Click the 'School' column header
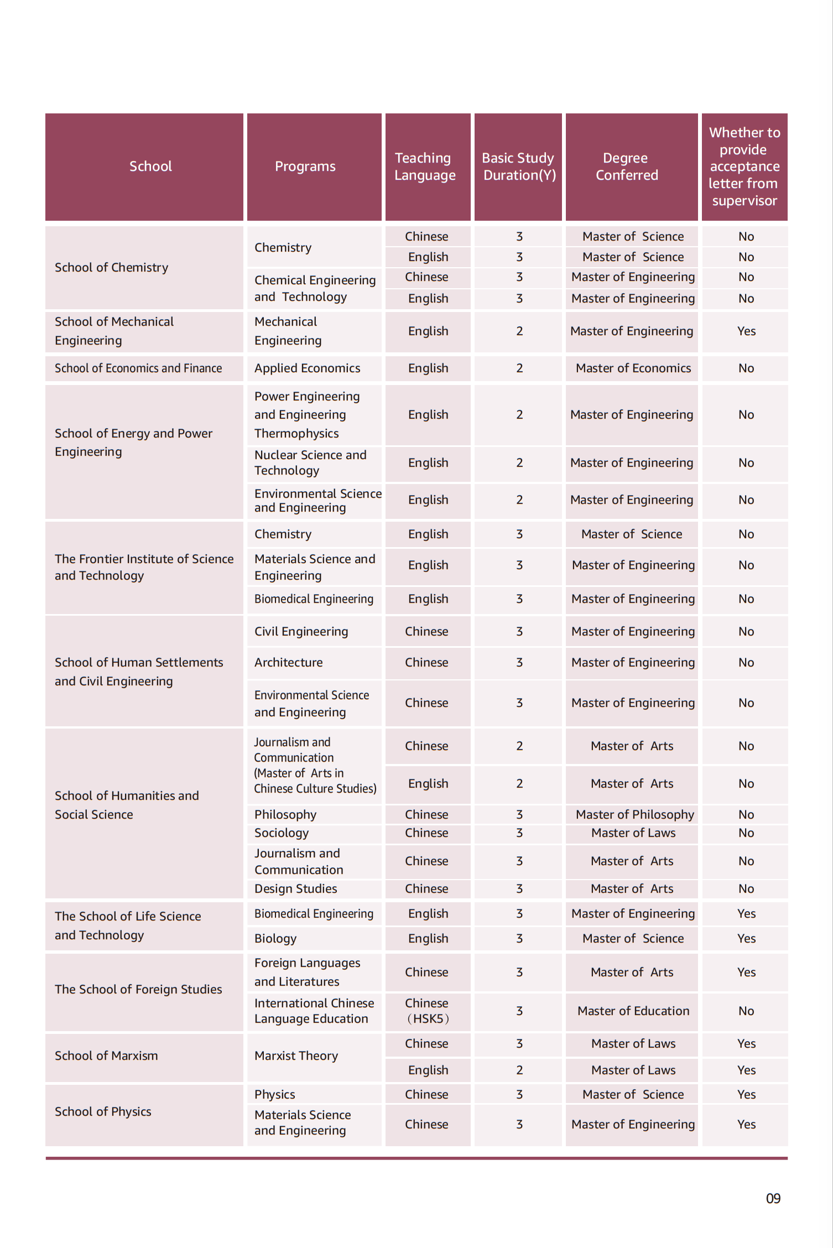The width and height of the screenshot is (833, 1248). (x=150, y=167)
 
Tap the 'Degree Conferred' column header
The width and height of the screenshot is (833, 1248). (x=627, y=167)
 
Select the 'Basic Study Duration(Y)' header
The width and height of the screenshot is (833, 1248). (x=518, y=167)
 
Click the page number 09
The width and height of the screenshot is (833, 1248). (x=773, y=1199)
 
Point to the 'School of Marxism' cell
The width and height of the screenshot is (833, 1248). (x=106, y=1055)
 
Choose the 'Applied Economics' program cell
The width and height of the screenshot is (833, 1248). (x=307, y=368)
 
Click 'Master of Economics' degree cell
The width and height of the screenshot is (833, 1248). (x=633, y=368)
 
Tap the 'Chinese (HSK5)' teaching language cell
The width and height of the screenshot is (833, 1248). (x=427, y=1011)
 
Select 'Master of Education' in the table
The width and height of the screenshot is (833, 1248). (x=633, y=1011)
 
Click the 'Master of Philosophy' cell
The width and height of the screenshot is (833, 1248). (x=634, y=814)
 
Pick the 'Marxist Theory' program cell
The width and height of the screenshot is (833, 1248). (x=296, y=1055)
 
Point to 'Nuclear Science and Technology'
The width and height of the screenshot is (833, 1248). (x=310, y=462)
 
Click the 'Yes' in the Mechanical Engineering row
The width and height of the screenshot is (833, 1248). (x=746, y=331)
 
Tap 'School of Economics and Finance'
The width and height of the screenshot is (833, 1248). (x=138, y=368)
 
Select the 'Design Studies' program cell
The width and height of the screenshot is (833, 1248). (x=295, y=888)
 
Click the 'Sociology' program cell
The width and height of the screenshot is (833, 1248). (x=282, y=833)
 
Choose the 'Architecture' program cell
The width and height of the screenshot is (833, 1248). (x=288, y=662)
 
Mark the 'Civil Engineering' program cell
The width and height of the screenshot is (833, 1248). (x=301, y=631)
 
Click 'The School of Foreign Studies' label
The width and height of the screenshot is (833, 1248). (x=138, y=989)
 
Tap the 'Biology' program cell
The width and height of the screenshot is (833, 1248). (x=275, y=938)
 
